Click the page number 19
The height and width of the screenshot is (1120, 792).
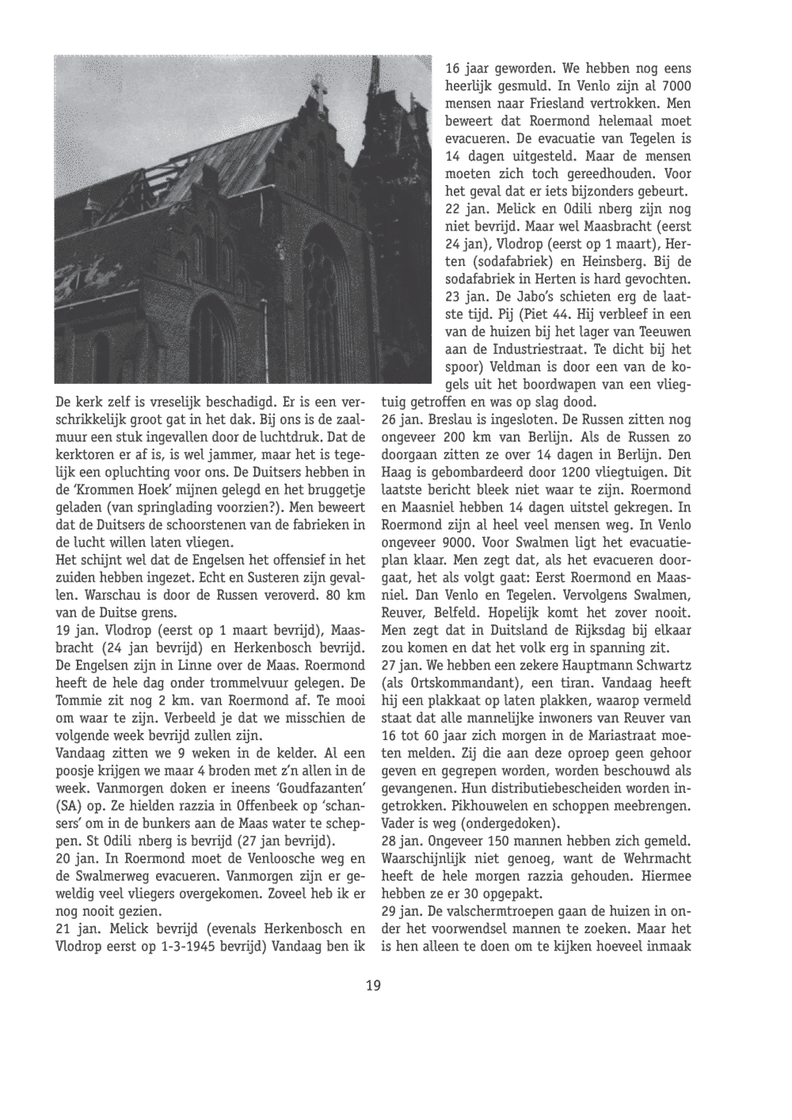tap(373, 985)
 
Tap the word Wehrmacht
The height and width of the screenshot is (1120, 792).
tap(653, 858)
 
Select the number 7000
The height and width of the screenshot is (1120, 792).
tap(676, 86)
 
